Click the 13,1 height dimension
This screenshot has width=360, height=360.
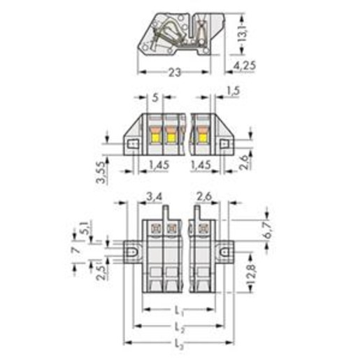tap(243, 34)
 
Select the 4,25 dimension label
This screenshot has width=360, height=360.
tap(245, 66)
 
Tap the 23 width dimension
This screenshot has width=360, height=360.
tap(175, 73)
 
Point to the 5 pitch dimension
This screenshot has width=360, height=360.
tap(155, 98)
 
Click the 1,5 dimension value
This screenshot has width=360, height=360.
tap(233, 91)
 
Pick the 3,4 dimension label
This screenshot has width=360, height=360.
tap(154, 197)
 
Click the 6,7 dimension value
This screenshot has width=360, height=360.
tap(268, 229)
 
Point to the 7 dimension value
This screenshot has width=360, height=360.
tap(76, 250)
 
